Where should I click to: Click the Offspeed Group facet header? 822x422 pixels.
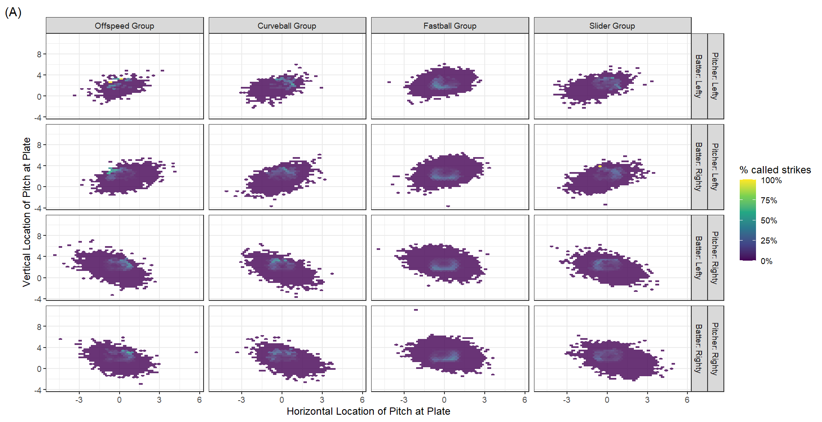coord(124,26)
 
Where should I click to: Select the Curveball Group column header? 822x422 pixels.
coord(287,26)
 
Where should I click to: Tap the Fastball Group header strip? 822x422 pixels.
coord(450,26)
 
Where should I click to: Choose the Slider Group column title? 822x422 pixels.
coord(612,26)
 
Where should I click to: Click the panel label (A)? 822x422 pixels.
coord(13,12)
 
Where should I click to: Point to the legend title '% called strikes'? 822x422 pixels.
coord(775,170)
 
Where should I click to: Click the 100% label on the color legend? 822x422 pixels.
coord(771,181)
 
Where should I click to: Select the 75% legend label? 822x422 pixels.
coord(768,201)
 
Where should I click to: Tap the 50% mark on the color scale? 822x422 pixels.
coord(768,221)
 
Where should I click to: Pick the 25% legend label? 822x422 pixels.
coord(768,241)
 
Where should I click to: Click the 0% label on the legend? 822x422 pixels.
coord(766,261)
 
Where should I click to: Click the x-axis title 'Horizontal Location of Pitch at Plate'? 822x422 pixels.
coord(368,411)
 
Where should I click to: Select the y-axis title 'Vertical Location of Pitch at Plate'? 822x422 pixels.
coord(27,212)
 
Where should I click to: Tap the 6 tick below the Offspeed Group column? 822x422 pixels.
coord(199,400)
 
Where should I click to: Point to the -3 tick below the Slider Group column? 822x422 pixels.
coord(567,400)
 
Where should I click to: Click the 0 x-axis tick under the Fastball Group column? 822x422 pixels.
coord(444,400)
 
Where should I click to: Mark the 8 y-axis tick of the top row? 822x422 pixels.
coord(39,54)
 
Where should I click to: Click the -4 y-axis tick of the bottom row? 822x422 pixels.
coord(38,390)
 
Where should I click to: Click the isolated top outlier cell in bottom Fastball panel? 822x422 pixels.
coord(416,309)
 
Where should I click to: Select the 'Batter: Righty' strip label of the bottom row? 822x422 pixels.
coord(699,348)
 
